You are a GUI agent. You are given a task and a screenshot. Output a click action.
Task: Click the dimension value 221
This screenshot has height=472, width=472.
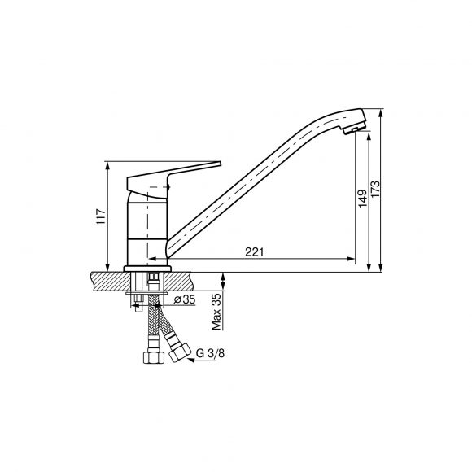pyautogui.click(x=254, y=251)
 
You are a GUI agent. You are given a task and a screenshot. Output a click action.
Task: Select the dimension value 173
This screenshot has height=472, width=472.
pyautogui.click(x=375, y=189)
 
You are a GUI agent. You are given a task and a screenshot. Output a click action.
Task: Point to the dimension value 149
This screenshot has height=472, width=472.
pyautogui.click(x=362, y=198)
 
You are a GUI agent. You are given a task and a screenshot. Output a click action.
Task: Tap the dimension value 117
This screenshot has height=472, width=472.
pyautogui.click(x=101, y=216)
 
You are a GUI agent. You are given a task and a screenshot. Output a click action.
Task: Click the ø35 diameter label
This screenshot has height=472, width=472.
pyautogui.click(x=185, y=299)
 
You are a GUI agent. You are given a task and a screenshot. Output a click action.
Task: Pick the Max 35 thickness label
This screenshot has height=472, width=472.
pyautogui.click(x=216, y=312)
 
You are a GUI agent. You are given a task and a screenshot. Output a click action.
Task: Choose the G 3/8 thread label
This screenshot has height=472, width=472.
pyautogui.click(x=210, y=353)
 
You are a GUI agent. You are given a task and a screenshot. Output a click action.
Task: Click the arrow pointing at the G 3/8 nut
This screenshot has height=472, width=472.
pyautogui.click(x=202, y=360)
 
